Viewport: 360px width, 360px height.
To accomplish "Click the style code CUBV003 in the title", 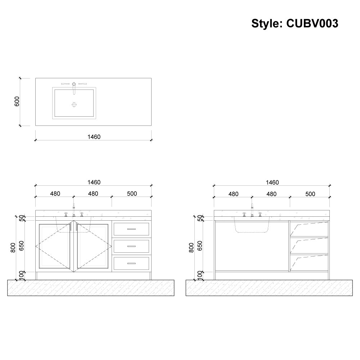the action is tap(312, 23).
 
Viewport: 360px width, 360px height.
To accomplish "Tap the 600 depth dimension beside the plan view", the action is tap(17, 102).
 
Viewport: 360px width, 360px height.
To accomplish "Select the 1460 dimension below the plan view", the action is tap(94, 137).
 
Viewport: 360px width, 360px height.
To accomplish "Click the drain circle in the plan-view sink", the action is tap(74, 105).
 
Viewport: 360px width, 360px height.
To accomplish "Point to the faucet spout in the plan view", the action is tap(74, 89).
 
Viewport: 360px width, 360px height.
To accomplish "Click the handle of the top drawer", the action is tap(131, 229).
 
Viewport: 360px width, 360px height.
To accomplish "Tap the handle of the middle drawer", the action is tap(131, 246).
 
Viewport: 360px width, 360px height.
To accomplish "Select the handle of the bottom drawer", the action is tap(131, 264).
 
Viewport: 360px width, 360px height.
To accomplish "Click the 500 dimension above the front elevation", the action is tap(132, 194).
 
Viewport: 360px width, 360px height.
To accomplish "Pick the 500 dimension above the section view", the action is tap(310, 194).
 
